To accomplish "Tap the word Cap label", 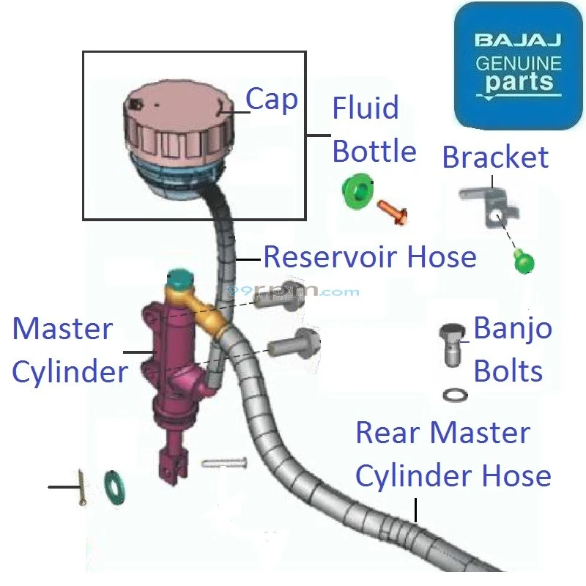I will click(271, 100).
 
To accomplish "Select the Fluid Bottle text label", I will click(374, 130).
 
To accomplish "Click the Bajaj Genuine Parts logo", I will click(518, 66).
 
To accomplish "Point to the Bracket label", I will click(495, 157).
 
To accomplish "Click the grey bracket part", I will click(487, 204).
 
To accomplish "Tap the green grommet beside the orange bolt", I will click(358, 192).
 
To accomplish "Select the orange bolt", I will click(392, 212).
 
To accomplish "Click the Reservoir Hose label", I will click(369, 257).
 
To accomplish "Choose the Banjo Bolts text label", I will click(512, 349).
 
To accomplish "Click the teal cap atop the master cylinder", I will click(179, 279).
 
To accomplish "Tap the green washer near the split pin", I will click(114, 487).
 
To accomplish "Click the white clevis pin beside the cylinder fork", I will click(223, 463).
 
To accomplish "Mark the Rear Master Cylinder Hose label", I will click(452, 454).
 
